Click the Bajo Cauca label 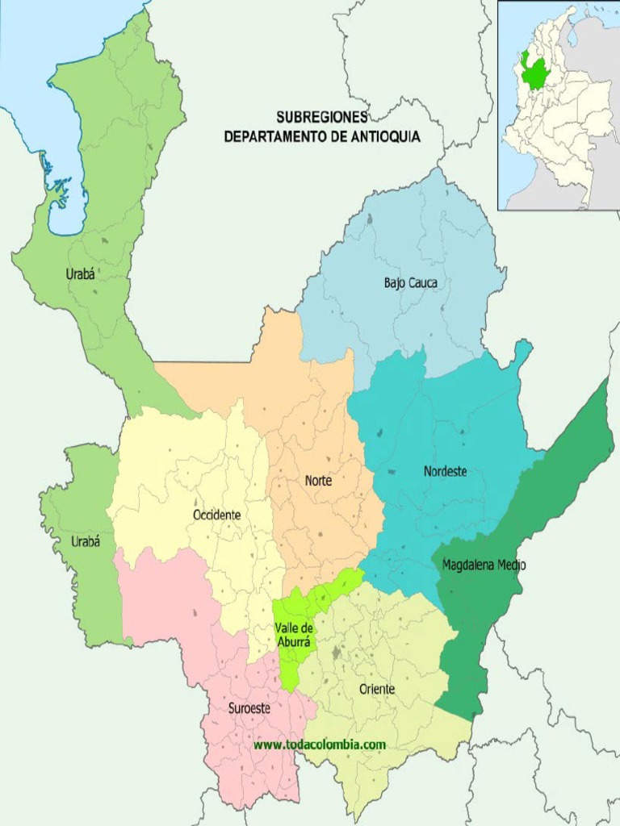[x=410, y=283]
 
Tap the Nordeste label [x=445, y=471]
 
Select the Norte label [x=318, y=480]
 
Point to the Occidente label [x=216, y=515]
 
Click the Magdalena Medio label [x=484, y=565]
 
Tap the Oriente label [x=377, y=689]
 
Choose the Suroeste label [x=249, y=708]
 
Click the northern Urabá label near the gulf [x=80, y=274]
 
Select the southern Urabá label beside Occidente [x=86, y=542]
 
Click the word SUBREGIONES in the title [x=322, y=118]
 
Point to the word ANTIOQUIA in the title [x=385, y=137]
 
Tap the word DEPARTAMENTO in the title [x=274, y=137]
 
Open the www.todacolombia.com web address [x=320, y=745]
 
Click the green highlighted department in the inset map [x=534, y=71]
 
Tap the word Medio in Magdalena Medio [x=511, y=565]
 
